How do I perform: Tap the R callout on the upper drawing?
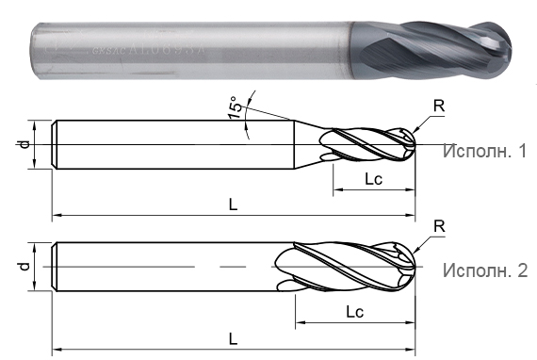[x=440, y=106]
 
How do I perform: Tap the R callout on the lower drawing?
[x=439, y=225]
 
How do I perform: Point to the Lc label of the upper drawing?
[x=372, y=178]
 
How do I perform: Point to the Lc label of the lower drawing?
[x=355, y=310]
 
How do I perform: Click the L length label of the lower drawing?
[x=232, y=338]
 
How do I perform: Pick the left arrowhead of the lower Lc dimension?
[x=300, y=323]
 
